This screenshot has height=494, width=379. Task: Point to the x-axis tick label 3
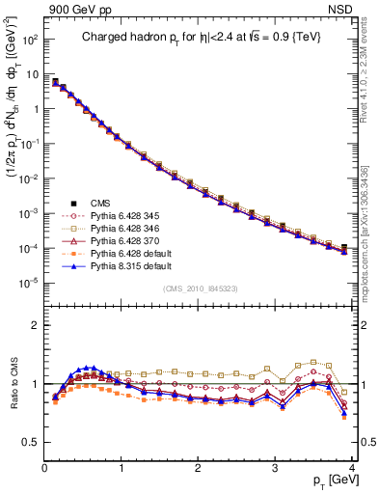point(274,468)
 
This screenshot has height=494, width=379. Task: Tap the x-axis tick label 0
point(44,468)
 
